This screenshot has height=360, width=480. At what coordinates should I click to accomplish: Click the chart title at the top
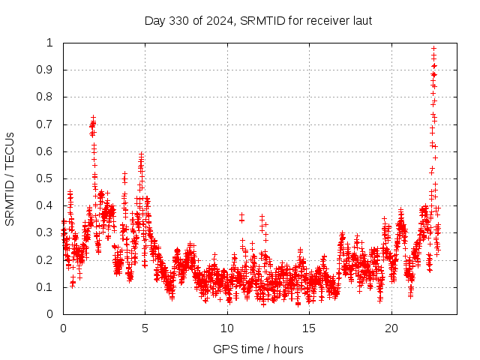(258, 20)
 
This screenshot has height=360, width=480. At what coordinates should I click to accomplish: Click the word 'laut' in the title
(361, 20)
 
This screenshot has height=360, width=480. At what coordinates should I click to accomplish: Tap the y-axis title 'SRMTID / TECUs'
(10, 178)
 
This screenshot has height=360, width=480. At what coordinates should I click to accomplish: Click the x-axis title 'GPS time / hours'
(258, 349)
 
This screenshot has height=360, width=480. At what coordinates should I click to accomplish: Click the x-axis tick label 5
(145, 328)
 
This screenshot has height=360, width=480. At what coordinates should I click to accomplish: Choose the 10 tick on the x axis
(227, 328)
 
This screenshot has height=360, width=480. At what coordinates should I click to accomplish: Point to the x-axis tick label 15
(310, 328)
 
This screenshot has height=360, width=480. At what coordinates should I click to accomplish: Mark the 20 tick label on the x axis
(391, 328)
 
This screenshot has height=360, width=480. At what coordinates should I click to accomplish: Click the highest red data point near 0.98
(433, 48)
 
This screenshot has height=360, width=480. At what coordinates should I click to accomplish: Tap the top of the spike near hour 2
(93, 117)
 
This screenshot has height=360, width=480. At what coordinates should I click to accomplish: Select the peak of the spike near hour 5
(141, 154)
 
